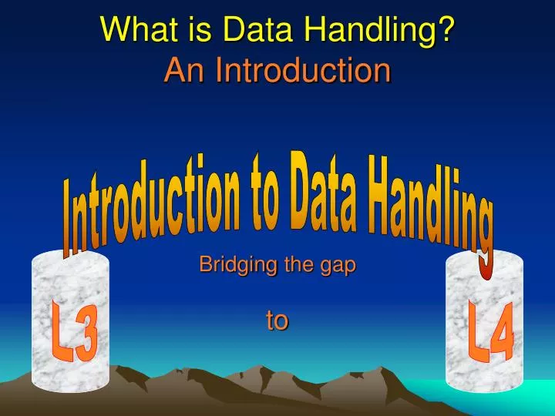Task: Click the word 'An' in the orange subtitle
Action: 185,71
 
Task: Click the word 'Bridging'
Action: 230,266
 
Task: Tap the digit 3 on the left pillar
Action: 86,340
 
